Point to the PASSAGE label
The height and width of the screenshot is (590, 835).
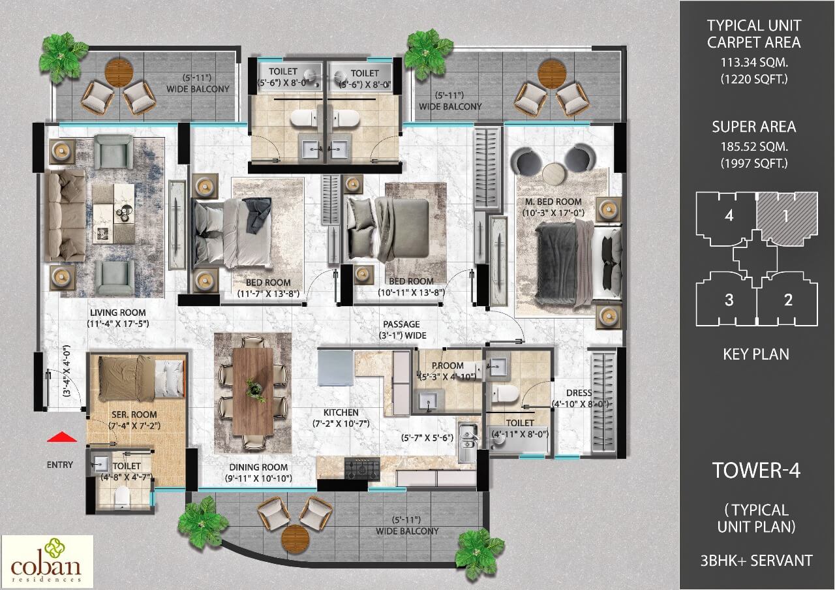[x=402, y=324]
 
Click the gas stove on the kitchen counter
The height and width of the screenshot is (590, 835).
[x=362, y=468]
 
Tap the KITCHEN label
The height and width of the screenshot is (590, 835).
[x=341, y=412]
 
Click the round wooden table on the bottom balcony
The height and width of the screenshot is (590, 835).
[x=294, y=536]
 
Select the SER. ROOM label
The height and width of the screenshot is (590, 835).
[x=129, y=414]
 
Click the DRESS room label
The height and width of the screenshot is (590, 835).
[x=579, y=393]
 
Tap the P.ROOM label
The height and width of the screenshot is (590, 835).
[x=448, y=365]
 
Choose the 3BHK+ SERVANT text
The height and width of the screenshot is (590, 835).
[x=757, y=560]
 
